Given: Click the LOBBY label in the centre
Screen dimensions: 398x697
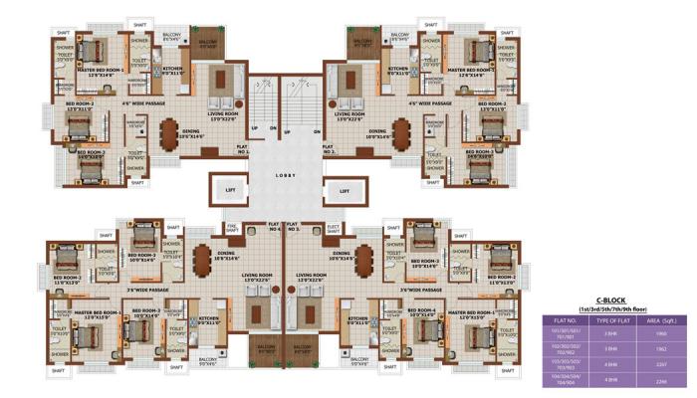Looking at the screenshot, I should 287,175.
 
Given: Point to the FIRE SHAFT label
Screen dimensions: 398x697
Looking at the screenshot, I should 233,228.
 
